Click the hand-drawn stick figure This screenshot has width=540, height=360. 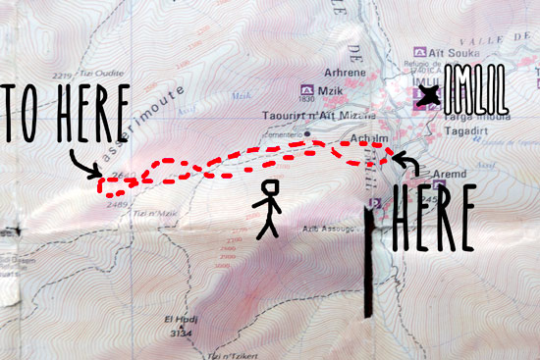coord(267,208)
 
